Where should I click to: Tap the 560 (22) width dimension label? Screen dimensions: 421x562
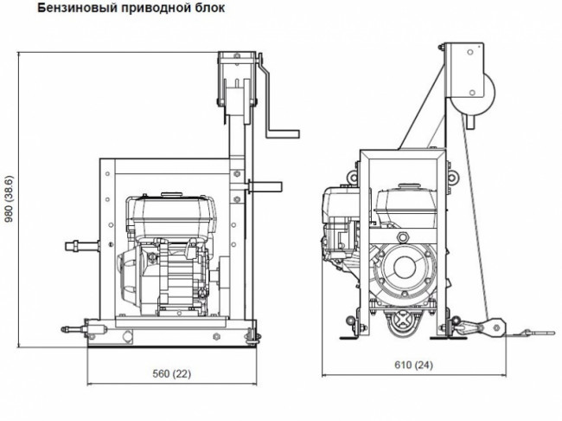tap(171, 373)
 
